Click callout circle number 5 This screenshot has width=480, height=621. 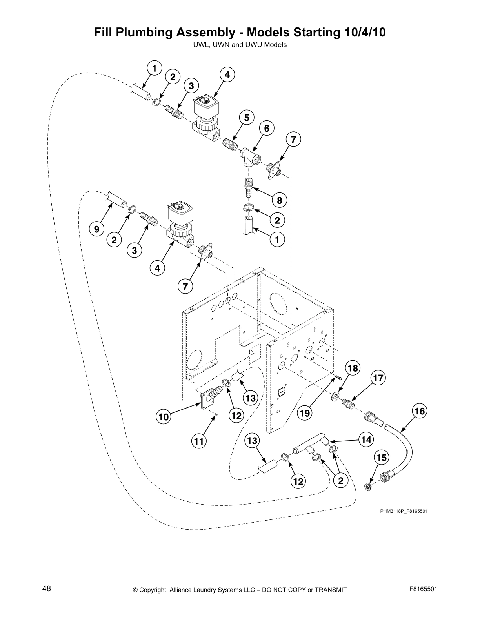(247, 118)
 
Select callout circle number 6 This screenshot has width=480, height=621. (266, 129)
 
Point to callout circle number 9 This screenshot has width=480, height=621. (96, 229)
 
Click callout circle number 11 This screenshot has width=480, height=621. (199, 442)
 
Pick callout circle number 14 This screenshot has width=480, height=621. (366, 440)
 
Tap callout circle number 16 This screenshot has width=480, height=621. (419, 411)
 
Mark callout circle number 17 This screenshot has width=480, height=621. (378, 378)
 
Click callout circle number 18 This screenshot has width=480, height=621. (353, 368)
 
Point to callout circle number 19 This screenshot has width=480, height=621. (305, 413)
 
